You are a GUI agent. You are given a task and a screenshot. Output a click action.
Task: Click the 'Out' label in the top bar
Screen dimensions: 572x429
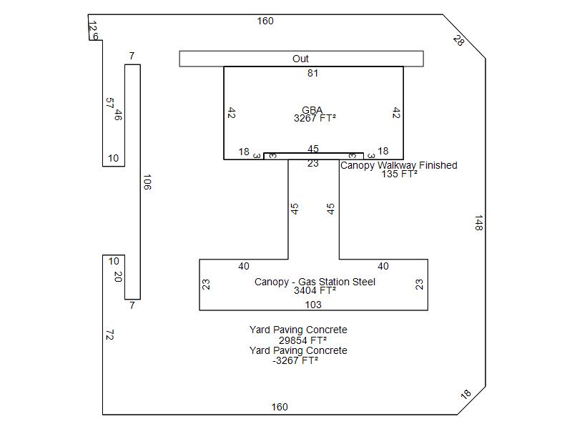click(x=300, y=59)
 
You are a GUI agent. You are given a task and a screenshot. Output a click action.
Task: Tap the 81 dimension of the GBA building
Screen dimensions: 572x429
click(x=312, y=73)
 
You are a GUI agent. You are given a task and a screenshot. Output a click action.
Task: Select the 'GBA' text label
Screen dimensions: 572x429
click(x=312, y=110)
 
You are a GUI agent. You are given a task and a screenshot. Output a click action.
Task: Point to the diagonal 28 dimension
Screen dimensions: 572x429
click(x=458, y=40)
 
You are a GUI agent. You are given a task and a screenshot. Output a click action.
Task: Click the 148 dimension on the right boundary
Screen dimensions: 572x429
click(x=478, y=223)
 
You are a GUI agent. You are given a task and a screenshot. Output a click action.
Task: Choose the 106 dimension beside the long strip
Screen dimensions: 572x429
click(x=147, y=182)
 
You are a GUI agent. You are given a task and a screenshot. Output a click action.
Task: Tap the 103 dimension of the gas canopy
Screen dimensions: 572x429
click(x=313, y=305)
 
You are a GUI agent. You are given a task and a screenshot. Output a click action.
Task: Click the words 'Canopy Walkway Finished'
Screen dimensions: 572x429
click(x=399, y=165)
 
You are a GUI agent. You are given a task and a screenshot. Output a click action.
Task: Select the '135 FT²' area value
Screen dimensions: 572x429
click(x=400, y=174)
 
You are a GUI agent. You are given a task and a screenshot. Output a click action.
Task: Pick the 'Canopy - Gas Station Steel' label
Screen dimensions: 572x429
click(x=315, y=282)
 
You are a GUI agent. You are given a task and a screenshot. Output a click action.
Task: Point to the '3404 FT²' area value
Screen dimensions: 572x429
click(x=315, y=290)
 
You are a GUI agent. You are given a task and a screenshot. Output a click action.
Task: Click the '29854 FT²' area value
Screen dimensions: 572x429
click(x=302, y=340)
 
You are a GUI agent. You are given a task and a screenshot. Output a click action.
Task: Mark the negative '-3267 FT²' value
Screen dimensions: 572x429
click(x=295, y=360)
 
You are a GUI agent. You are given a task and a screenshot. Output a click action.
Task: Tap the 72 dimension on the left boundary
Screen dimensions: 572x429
click(x=110, y=335)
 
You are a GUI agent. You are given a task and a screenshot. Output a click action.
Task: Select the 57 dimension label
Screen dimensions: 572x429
click(x=109, y=103)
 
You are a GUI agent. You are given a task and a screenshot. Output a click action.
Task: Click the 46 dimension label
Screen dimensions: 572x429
click(x=118, y=115)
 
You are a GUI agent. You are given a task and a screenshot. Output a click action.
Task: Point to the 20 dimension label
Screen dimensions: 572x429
click(x=118, y=277)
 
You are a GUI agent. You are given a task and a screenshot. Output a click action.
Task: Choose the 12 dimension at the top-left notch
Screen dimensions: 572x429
click(x=93, y=26)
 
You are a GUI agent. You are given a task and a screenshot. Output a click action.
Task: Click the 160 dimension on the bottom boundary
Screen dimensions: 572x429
click(x=280, y=407)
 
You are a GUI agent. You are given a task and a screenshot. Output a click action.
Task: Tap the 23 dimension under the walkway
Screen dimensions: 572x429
click(x=313, y=163)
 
